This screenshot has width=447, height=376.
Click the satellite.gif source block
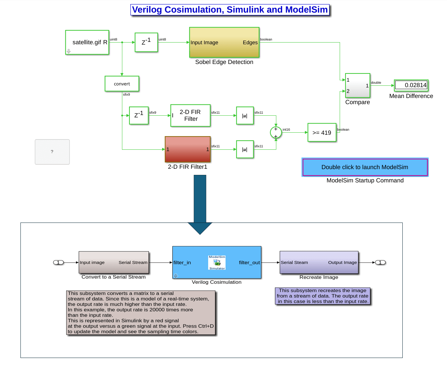[87, 42]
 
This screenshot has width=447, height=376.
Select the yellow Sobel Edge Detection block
[224, 43]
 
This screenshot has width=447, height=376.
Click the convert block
[122, 84]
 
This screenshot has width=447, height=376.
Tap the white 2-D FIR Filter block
[190, 115]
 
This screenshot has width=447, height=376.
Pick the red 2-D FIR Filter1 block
[187, 149]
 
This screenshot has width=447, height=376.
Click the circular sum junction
[276, 132]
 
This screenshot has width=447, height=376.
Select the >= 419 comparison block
[322, 133]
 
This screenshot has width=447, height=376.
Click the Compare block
[357, 85]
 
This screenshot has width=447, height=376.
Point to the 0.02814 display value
[411, 85]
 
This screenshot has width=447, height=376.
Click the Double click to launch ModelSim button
[365, 167]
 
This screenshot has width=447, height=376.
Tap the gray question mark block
[52, 152]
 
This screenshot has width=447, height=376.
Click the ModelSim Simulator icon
[217, 263]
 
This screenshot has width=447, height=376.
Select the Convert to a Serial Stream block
[114, 262]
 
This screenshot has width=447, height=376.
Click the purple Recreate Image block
[319, 262]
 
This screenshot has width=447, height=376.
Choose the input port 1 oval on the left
[59, 262]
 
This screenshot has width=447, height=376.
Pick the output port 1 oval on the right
[380, 262]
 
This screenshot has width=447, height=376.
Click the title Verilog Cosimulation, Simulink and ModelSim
[230, 10]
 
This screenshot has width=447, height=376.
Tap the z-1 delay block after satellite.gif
[146, 42]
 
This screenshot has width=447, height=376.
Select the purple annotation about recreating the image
[323, 296]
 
